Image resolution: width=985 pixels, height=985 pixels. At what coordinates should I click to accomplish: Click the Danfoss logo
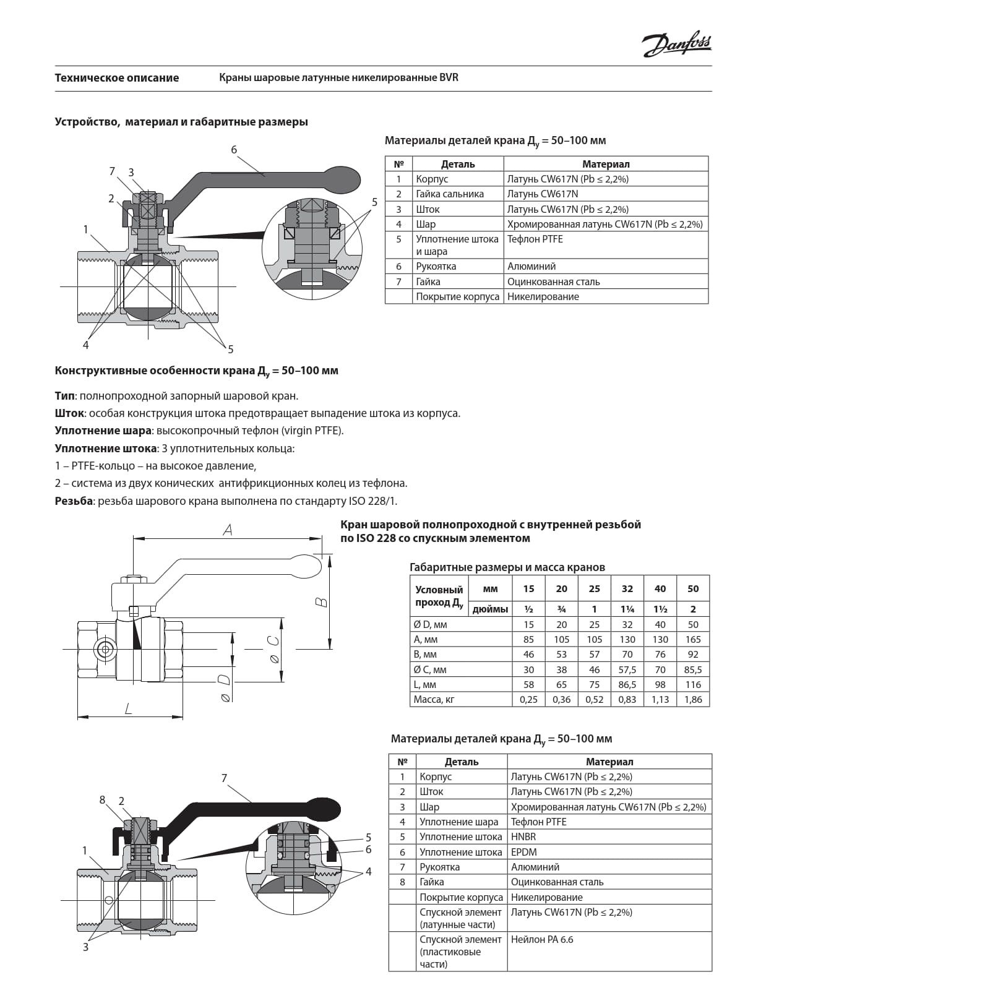(676, 45)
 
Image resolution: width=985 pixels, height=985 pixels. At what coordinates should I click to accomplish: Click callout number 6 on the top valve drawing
(234, 150)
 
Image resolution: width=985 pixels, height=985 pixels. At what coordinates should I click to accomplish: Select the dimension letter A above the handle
(228, 530)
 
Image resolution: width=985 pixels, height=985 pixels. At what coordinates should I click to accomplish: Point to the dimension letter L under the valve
(129, 708)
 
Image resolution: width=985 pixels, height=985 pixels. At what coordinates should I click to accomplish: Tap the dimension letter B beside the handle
(322, 602)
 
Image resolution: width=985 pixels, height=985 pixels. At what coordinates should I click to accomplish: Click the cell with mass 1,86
(693, 700)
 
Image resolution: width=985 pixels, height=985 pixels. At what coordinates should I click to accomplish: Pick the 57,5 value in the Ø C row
(627, 669)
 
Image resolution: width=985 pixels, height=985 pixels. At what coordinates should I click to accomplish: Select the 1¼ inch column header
(627, 609)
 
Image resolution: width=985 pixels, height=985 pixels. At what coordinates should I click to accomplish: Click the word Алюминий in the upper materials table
(531, 267)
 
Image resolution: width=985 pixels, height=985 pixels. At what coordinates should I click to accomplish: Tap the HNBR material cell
(523, 837)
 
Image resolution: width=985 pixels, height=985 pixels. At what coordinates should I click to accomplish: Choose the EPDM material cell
(523, 852)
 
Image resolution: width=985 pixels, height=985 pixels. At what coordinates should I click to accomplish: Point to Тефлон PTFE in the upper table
(535, 239)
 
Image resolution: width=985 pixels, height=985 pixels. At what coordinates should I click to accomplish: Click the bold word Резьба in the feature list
(74, 501)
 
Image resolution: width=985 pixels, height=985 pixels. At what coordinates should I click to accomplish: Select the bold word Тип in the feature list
(64, 396)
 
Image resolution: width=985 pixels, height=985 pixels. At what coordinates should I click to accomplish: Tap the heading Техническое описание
(116, 78)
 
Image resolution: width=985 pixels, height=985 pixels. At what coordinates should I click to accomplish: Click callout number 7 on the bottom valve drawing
(224, 778)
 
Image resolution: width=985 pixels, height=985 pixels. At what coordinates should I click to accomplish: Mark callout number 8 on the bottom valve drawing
(103, 800)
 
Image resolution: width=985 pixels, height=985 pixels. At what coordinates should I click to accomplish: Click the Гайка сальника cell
(450, 194)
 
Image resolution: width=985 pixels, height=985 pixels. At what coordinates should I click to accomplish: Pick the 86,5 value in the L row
(627, 685)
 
